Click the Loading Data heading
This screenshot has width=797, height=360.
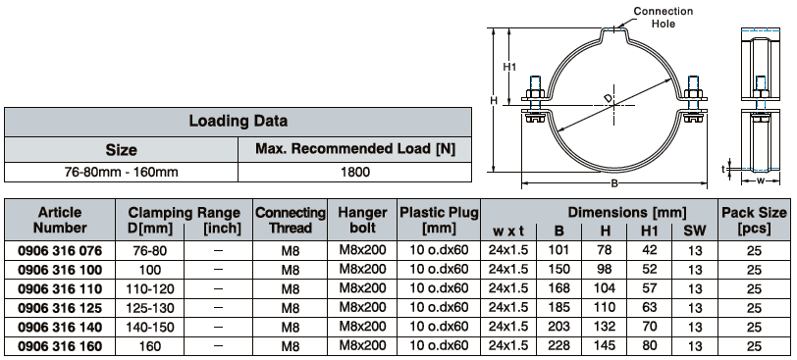click(238, 121)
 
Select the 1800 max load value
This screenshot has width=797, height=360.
click(355, 172)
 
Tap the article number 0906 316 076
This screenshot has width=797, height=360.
click(60, 250)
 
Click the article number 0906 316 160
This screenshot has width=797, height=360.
click(60, 346)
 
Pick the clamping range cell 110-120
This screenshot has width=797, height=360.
click(150, 289)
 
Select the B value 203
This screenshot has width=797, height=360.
click(558, 326)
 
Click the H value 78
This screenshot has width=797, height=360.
click(605, 250)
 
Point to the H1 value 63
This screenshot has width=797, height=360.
click(649, 307)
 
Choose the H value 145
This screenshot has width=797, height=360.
click(605, 345)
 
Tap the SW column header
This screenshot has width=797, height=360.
click(694, 231)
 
